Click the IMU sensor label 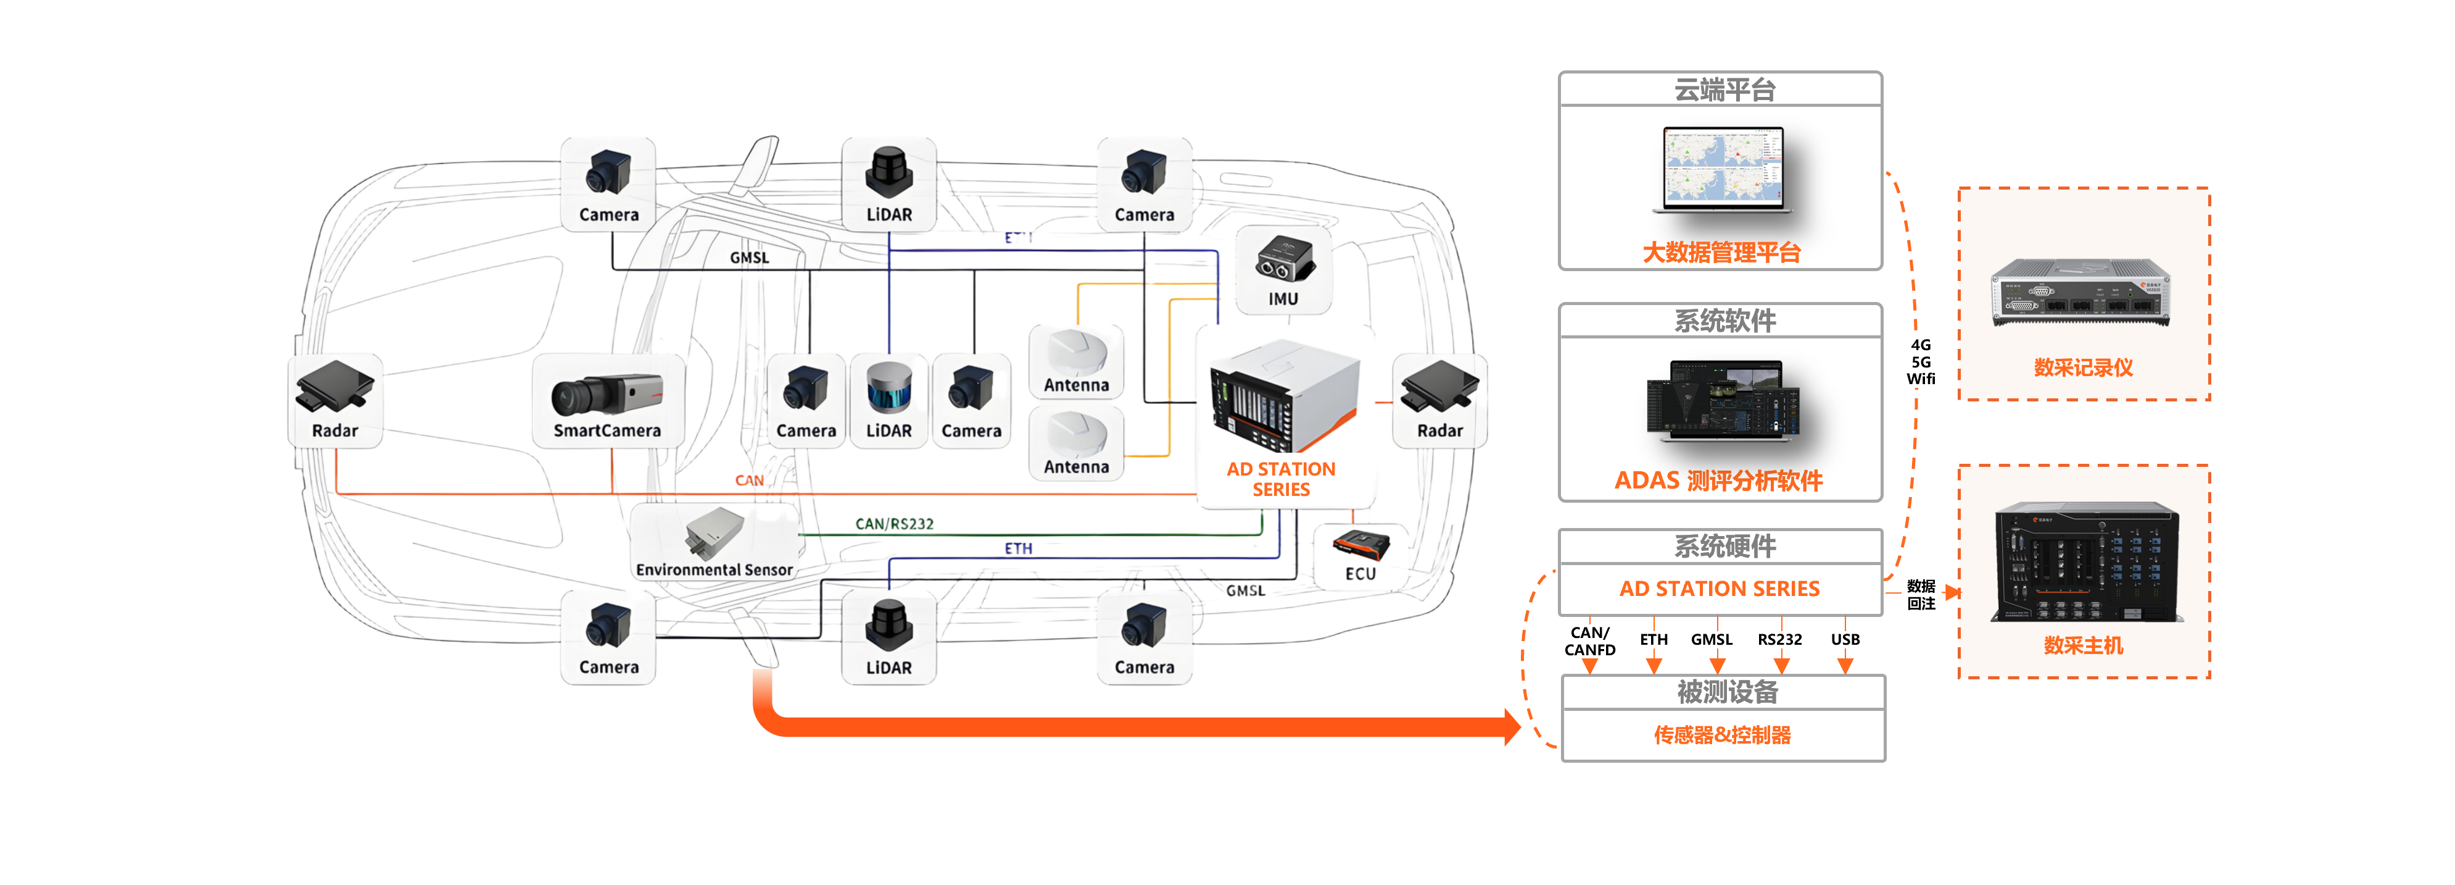click(x=1283, y=298)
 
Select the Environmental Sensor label click(x=714, y=569)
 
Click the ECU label click(x=1360, y=573)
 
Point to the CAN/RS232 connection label click(x=894, y=524)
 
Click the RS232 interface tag click(x=1779, y=639)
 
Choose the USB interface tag click(x=1845, y=639)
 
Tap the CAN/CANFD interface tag click(x=1589, y=641)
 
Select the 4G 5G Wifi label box click(x=1920, y=361)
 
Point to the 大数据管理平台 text click(x=1721, y=252)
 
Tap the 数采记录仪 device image click(x=2082, y=291)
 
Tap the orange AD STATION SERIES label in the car click(x=1281, y=479)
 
